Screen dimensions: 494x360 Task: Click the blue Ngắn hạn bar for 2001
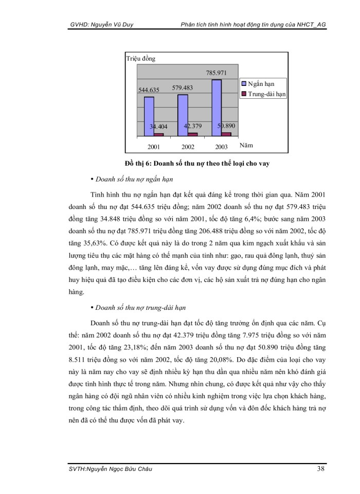[x=149, y=116]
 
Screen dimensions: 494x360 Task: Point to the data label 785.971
[x=216, y=73]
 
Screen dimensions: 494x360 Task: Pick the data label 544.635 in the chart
[x=149, y=90]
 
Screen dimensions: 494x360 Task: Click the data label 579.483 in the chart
[x=182, y=87]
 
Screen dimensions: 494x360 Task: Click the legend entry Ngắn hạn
[x=260, y=83]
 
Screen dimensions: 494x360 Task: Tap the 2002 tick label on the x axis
[x=187, y=147]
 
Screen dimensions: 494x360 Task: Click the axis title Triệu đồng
[x=140, y=58]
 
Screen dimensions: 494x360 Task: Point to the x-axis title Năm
[x=246, y=146]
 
